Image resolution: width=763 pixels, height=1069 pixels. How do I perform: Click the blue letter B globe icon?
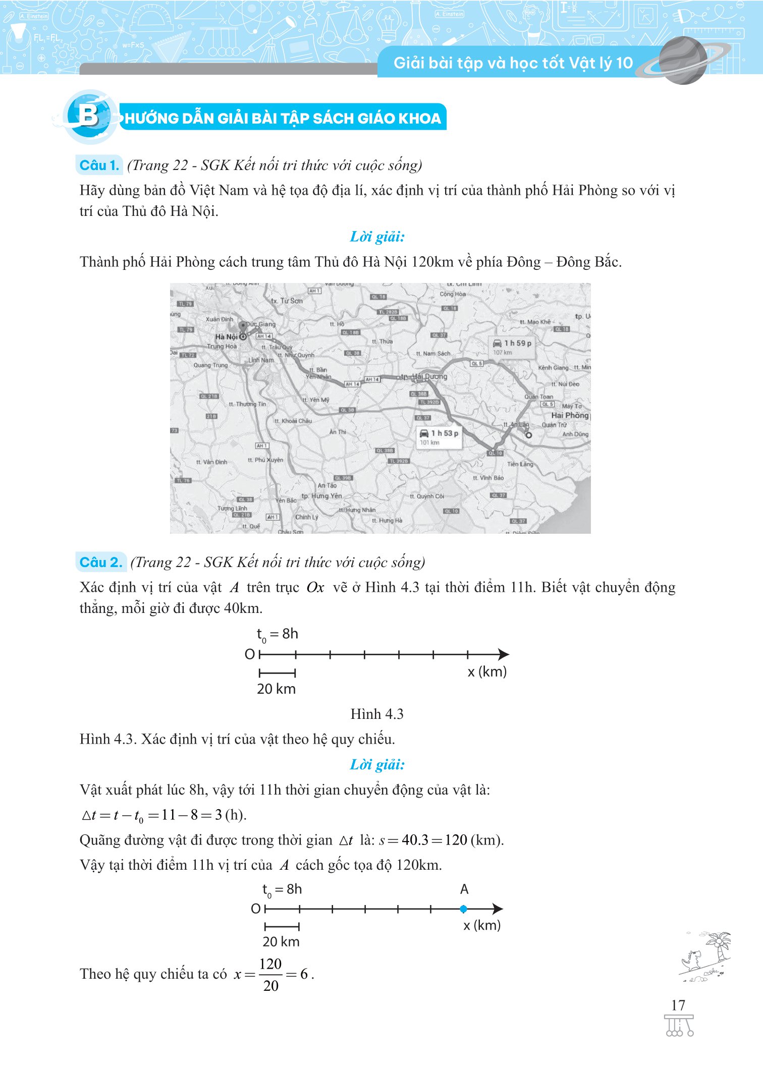(x=89, y=117)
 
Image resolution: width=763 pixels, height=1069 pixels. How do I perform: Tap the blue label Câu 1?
(x=99, y=165)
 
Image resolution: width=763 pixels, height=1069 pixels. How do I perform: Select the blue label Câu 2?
(x=101, y=562)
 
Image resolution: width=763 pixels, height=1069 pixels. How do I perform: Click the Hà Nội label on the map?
(x=226, y=336)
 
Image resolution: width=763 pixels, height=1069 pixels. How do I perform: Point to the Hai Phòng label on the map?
(x=570, y=415)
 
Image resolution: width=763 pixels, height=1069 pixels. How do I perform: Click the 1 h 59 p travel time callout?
(x=512, y=347)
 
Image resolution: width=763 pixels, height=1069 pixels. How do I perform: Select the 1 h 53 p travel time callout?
(x=439, y=437)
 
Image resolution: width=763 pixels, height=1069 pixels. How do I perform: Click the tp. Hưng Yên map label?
(x=321, y=496)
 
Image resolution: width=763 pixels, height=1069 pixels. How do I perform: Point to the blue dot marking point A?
(x=463, y=909)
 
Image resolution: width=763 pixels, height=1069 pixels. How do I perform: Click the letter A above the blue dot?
(x=464, y=889)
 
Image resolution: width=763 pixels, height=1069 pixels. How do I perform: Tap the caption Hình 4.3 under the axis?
(x=377, y=714)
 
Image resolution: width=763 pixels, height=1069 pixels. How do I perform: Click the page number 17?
(x=678, y=1005)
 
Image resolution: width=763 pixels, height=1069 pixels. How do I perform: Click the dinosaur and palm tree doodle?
(x=705, y=957)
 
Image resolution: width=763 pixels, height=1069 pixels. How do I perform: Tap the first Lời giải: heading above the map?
(x=377, y=237)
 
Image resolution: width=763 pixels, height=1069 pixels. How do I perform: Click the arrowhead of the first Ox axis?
(x=503, y=654)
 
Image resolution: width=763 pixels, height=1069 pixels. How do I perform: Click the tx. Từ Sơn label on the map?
(x=287, y=301)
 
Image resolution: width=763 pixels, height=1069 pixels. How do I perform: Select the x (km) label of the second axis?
(x=482, y=925)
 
